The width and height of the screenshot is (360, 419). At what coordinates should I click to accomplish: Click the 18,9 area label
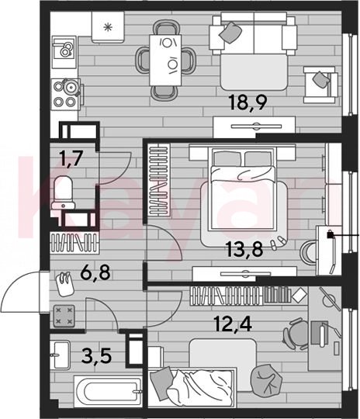(248, 102)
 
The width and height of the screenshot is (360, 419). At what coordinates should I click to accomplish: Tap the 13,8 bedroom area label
(244, 249)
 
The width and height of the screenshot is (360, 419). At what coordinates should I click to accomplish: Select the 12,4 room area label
(234, 324)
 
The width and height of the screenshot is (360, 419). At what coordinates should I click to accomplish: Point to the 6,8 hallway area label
(95, 272)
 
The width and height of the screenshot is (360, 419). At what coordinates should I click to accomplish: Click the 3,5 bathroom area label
(96, 356)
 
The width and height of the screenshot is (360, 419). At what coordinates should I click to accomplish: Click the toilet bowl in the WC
(64, 192)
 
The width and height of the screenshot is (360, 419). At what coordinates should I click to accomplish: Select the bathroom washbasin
(61, 355)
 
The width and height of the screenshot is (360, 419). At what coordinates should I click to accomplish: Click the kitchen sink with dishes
(64, 52)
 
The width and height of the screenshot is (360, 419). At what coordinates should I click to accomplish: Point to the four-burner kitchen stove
(66, 95)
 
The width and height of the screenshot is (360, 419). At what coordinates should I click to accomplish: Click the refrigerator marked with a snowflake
(108, 27)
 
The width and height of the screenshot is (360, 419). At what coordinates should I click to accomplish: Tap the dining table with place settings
(165, 60)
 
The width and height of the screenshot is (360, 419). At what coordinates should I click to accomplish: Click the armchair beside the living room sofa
(320, 85)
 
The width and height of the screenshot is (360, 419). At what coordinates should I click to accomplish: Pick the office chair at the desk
(296, 334)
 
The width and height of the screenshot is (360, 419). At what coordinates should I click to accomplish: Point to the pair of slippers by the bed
(278, 242)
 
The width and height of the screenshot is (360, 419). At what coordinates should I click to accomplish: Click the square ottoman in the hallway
(64, 316)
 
